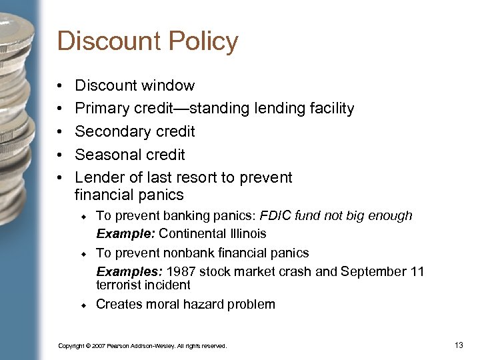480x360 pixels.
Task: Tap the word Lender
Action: tap(98, 177)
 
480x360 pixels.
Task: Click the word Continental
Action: tap(190, 233)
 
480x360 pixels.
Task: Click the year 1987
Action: tap(181, 271)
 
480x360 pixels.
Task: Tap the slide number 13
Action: tap(458, 345)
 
